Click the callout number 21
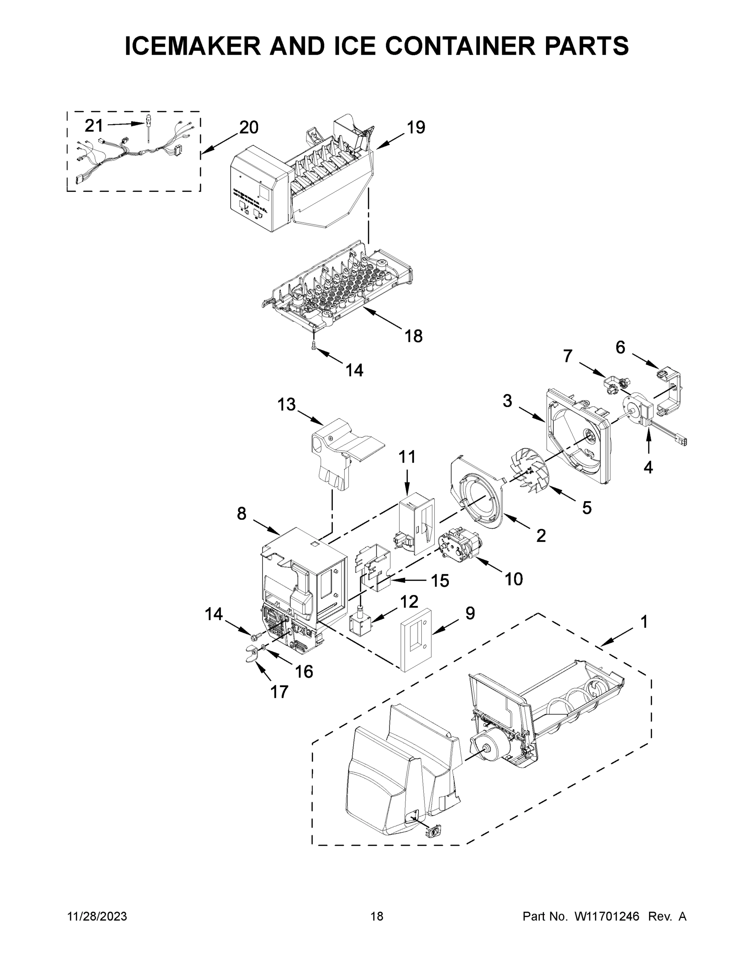(94, 126)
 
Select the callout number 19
(416, 127)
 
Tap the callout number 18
(414, 336)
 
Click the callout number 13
(287, 405)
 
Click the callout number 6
(620, 347)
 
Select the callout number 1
(644, 622)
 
